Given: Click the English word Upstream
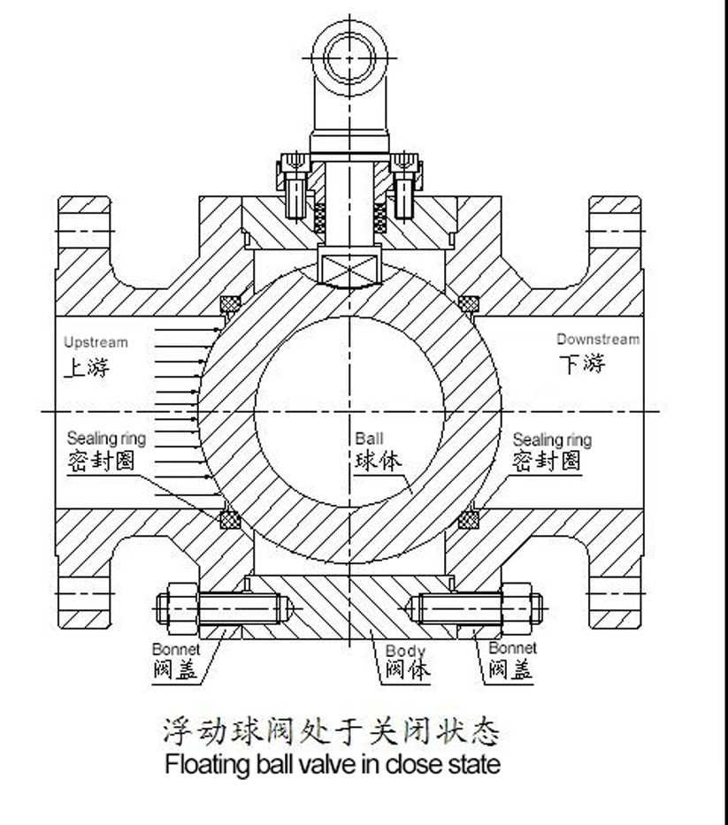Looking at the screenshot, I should point(96,342).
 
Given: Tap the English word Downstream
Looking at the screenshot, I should point(597,340).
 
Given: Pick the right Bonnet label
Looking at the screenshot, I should point(512,649).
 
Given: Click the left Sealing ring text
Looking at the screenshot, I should point(106,439).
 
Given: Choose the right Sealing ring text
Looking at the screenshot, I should point(552,439).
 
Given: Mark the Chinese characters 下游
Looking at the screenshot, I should point(582,363).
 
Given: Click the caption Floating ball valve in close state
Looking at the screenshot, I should point(332,763).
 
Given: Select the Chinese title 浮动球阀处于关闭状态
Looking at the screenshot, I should point(332,730).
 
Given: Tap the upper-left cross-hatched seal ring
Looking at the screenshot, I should point(232,303).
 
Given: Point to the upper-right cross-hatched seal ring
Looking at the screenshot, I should point(468,303).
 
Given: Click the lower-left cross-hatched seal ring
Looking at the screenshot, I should point(232,519).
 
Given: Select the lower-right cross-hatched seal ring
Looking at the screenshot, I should point(465,519).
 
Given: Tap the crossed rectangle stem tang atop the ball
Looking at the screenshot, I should point(349,264).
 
